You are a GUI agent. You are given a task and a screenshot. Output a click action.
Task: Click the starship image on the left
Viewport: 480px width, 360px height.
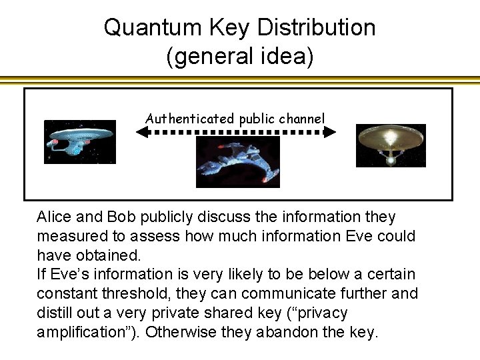click(x=79, y=142)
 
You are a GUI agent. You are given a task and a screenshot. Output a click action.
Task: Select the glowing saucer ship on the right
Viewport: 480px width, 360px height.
click(x=390, y=145)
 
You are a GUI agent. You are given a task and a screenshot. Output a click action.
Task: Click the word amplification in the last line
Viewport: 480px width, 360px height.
click(x=77, y=332)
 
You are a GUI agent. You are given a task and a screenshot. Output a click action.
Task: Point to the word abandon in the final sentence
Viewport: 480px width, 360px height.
click(x=292, y=332)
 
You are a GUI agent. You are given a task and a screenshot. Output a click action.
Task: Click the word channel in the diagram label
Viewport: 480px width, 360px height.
click(x=303, y=119)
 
